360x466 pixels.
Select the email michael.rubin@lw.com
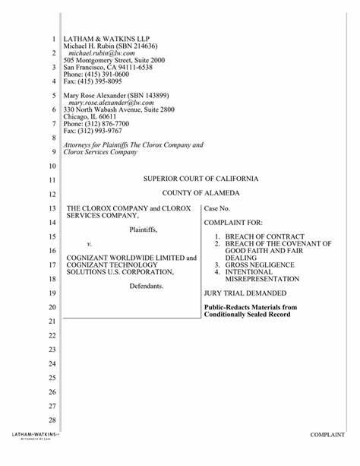click(102, 53)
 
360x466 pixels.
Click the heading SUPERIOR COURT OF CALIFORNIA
click(201, 179)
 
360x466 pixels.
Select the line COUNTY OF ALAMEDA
click(201, 193)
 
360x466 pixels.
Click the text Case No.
click(219, 208)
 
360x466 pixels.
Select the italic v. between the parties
click(90, 244)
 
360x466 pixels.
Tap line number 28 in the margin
click(52, 420)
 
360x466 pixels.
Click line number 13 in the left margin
click(52, 208)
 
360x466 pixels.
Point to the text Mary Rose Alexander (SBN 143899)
click(115, 95)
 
